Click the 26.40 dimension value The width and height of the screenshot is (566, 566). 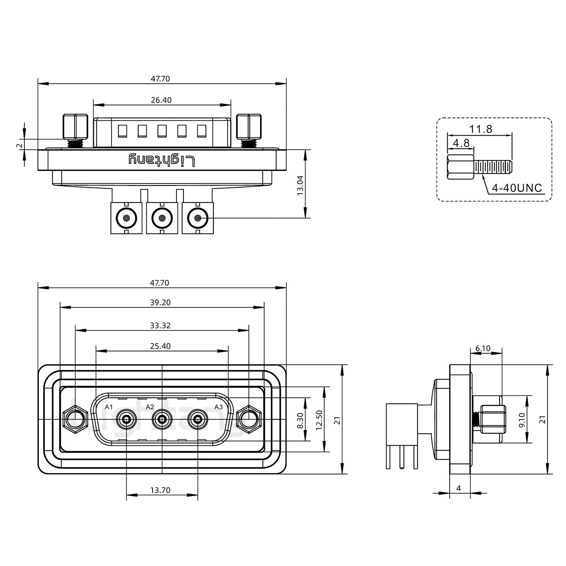click(x=161, y=100)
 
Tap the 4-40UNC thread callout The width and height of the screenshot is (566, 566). click(x=517, y=188)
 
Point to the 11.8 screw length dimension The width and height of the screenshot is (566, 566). click(x=480, y=129)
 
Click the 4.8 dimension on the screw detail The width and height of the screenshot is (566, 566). click(x=461, y=143)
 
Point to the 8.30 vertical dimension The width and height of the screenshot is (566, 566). click(x=300, y=421)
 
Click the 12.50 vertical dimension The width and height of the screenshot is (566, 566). click(x=319, y=420)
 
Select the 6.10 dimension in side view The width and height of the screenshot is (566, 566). click(x=483, y=348)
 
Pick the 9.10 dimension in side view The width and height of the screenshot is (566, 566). click(x=522, y=420)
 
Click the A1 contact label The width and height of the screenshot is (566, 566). click(x=109, y=407)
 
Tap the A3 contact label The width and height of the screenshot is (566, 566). click(x=219, y=407)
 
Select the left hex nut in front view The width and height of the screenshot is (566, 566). click(x=75, y=419)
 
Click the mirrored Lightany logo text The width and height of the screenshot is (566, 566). click(x=162, y=160)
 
